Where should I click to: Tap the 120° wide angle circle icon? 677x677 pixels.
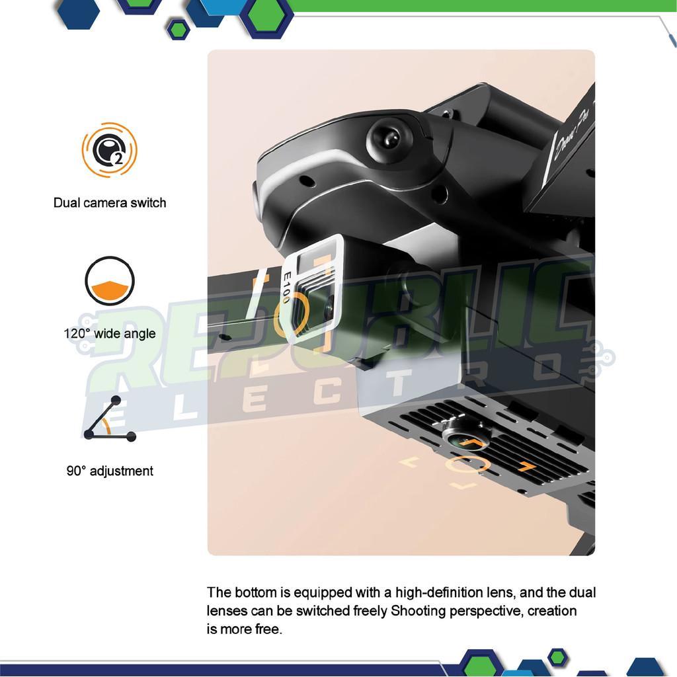click(x=110, y=281)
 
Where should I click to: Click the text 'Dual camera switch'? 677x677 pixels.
click(x=110, y=202)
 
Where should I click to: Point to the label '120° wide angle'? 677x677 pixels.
click(x=110, y=333)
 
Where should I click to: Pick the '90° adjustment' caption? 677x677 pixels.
click(x=110, y=471)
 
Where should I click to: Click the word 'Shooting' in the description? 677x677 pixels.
click(x=418, y=611)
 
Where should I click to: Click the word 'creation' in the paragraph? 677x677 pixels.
click(x=552, y=611)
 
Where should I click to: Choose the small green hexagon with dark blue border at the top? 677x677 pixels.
click(x=178, y=28)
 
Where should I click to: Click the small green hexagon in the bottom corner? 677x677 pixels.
click(x=557, y=657)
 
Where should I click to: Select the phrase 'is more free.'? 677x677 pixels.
click(x=245, y=629)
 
